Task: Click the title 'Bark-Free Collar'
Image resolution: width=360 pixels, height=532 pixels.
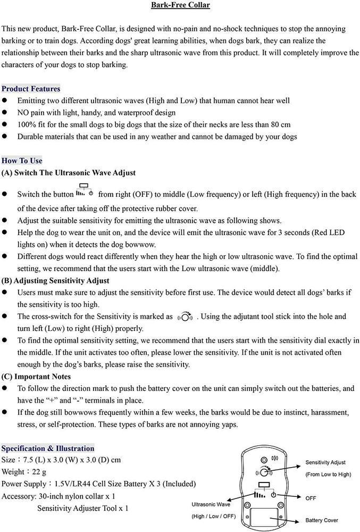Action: coord(180,5)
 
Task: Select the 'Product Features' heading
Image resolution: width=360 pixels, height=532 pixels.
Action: coord(31,89)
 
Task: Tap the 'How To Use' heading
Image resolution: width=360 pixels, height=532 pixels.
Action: coord(22,161)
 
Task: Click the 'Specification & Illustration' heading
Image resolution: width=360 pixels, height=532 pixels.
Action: coord(48,448)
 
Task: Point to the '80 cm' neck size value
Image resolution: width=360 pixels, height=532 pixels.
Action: coord(279,124)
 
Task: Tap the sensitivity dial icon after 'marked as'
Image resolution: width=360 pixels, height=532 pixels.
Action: coord(185,317)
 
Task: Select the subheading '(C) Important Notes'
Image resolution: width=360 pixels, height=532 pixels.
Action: coord(36,377)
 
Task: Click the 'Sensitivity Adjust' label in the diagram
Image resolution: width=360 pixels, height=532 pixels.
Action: coord(325,463)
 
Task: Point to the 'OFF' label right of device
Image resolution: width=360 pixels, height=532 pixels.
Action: coord(311,498)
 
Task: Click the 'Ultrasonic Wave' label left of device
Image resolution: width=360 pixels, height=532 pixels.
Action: coord(211,504)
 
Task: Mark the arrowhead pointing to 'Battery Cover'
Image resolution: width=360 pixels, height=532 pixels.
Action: coord(281,516)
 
